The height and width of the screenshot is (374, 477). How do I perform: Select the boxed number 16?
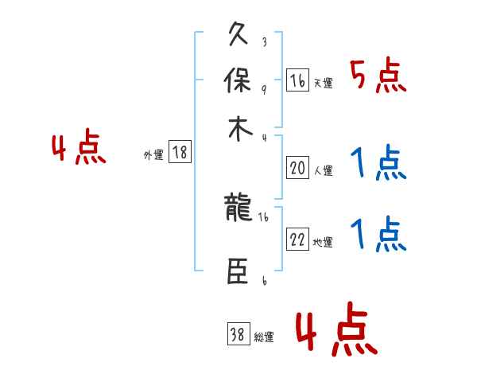297,80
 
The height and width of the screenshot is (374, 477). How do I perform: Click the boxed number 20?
297,168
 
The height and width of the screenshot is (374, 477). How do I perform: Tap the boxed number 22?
297,240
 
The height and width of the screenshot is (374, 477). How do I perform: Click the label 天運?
323,83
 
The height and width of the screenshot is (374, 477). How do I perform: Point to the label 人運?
323,170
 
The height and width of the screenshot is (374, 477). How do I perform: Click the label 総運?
264,337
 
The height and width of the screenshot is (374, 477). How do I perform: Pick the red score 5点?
378,76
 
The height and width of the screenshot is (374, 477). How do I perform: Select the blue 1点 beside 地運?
378,235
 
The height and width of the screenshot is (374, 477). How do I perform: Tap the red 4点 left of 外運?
79,149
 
